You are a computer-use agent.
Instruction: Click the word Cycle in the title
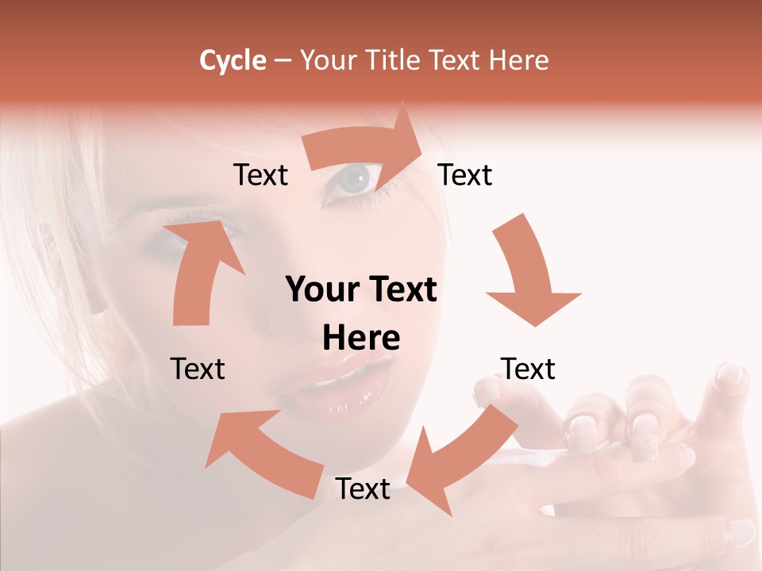(x=233, y=60)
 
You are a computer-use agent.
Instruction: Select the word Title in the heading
(x=394, y=60)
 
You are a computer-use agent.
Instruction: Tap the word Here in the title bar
(x=519, y=60)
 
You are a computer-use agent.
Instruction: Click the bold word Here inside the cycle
(x=361, y=339)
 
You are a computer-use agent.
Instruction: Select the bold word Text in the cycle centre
(x=399, y=290)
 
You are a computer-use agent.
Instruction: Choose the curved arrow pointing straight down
(x=530, y=274)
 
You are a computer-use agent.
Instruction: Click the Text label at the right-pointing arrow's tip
(x=465, y=174)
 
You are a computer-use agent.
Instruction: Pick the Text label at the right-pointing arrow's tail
(x=260, y=174)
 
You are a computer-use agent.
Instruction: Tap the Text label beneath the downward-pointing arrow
(x=528, y=369)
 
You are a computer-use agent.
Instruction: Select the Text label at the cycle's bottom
(x=363, y=489)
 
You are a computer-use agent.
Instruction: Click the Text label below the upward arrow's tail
(x=198, y=369)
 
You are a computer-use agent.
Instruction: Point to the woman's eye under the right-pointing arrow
(x=354, y=181)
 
